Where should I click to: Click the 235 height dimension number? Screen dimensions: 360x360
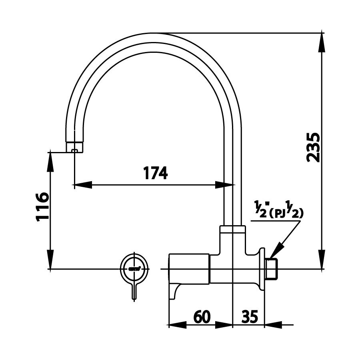(x=313, y=147)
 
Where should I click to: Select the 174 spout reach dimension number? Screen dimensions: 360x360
(x=155, y=173)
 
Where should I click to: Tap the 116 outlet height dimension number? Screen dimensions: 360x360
(x=42, y=206)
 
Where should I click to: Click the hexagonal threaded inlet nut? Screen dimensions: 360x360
(x=272, y=268)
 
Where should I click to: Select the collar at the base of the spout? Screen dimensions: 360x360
(x=232, y=229)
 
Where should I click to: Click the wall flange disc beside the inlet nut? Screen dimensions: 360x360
(x=263, y=268)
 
